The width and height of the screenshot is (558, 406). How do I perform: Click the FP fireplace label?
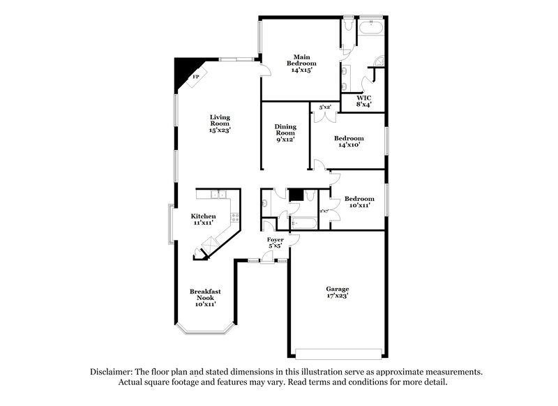click(x=196, y=76)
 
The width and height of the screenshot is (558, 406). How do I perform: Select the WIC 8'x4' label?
click(x=364, y=101)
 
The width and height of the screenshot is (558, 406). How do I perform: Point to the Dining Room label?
click(x=285, y=133)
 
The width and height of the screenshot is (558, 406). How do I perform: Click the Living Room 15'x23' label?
click(x=220, y=123)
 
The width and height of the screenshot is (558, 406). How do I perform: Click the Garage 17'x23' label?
click(x=337, y=292)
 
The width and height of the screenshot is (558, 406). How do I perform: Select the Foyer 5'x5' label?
click(x=276, y=243)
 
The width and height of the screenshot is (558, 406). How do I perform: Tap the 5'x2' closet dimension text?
click(x=325, y=107)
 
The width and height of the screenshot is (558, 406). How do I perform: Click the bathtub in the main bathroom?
click(x=369, y=29)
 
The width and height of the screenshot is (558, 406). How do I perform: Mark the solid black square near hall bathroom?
click(x=296, y=195)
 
